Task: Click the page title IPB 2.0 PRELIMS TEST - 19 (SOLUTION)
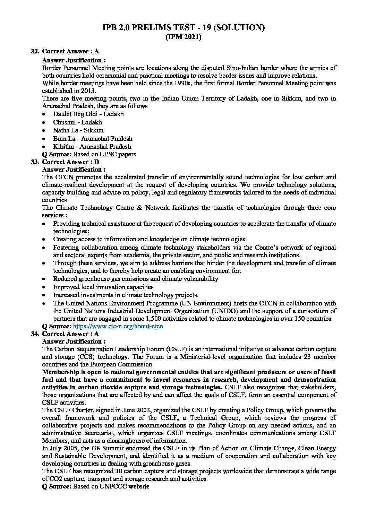click(x=183, y=28)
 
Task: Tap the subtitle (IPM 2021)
click(x=183, y=37)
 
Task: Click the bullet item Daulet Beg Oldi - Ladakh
click(x=88, y=114)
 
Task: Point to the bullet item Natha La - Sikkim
click(x=78, y=130)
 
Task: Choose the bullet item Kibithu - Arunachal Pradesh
click(x=92, y=146)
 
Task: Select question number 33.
click(x=35, y=162)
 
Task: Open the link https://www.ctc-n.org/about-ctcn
click(x=118, y=326)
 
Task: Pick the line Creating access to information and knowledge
click(x=150, y=239)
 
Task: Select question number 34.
click(x=35, y=334)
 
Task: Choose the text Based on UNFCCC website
click(x=111, y=486)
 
